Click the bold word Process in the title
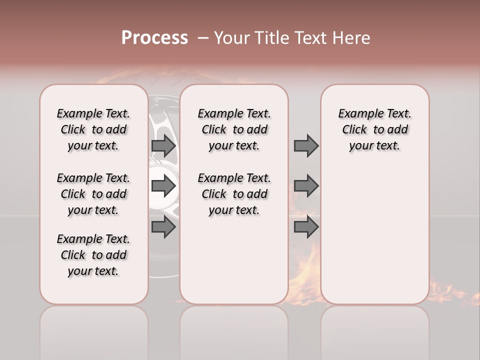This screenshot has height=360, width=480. (x=154, y=38)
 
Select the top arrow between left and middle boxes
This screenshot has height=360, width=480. (x=163, y=146)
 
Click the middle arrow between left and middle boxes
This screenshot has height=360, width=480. (x=163, y=186)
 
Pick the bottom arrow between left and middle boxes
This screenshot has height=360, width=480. (x=163, y=227)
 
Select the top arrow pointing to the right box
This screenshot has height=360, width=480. (x=306, y=146)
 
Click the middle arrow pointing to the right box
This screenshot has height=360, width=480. (x=306, y=186)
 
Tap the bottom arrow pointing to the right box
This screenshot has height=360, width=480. (x=306, y=227)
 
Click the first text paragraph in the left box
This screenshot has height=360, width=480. (x=93, y=129)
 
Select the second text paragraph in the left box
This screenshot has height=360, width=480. (x=93, y=194)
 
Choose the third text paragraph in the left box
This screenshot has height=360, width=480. (x=93, y=255)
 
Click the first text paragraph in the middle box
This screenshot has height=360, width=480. (x=234, y=129)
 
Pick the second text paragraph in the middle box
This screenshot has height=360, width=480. (x=234, y=194)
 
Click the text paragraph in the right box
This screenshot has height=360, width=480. (x=374, y=129)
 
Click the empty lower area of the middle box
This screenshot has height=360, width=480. (x=234, y=260)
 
